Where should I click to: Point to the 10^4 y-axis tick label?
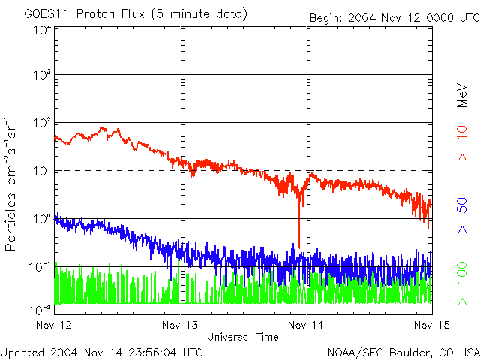coord(40,30)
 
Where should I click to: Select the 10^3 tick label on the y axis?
coord(40,75)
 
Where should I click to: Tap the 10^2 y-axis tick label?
coord(40,122)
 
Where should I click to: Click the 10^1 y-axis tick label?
coord(40,170)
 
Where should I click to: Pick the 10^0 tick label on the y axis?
coord(40,218)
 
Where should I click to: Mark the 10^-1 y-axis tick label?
coord(39,266)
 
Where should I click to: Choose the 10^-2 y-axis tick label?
coord(39,309)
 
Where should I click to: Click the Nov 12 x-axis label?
coord(53,325)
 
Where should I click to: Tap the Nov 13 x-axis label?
coord(179,325)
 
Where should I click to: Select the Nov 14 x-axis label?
coord(306,325)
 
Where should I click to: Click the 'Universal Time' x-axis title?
coord(243,337)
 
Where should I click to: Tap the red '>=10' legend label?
coord(463,145)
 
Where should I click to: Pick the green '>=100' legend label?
coord(463,281)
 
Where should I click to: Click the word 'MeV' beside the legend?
coord(463,94)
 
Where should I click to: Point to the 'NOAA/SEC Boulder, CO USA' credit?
coord(403,352)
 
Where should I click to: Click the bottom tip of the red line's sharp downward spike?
coord(299,246)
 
